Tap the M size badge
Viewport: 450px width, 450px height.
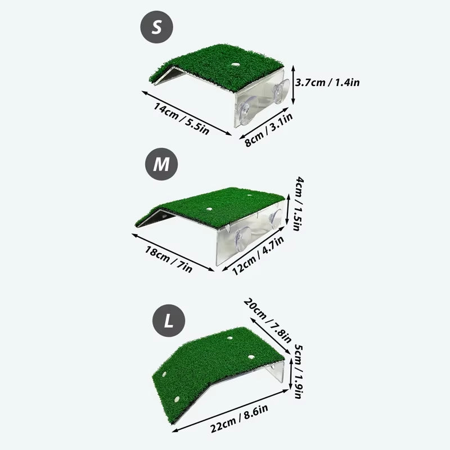pos(161,164)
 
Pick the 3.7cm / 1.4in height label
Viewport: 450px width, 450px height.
pos(328,82)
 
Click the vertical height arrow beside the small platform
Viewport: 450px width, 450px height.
pos(293,83)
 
